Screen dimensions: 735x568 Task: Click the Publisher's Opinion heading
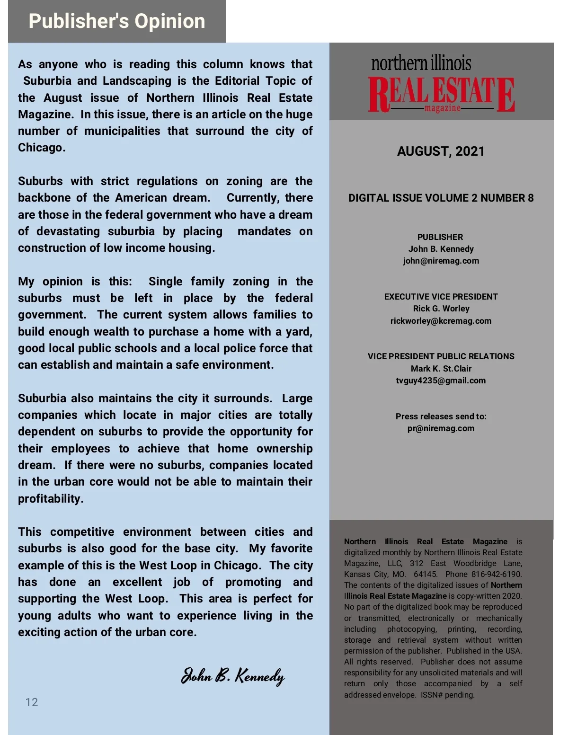(x=116, y=21)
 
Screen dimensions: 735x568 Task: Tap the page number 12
(x=32, y=702)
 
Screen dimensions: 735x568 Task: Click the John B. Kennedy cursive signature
(x=233, y=676)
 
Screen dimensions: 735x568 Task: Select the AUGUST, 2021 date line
(x=441, y=151)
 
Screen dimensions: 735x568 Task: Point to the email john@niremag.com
(x=441, y=261)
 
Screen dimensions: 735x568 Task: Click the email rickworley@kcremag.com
(x=441, y=321)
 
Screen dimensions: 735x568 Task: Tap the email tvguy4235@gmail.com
(x=441, y=381)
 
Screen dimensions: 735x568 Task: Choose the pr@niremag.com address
(x=441, y=428)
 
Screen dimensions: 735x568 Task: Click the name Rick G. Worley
(x=441, y=309)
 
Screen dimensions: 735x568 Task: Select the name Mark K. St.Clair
(x=441, y=369)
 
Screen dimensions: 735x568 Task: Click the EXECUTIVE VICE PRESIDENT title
(x=441, y=297)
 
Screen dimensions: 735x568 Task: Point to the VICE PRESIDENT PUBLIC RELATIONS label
(x=441, y=356)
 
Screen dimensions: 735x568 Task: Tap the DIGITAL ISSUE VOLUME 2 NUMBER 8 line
(x=441, y=198)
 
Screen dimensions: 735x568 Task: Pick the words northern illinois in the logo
(x=421, y=63)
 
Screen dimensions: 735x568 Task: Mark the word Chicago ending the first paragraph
(x=41, y=148)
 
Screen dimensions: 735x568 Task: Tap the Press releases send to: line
(x=441, y=416)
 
